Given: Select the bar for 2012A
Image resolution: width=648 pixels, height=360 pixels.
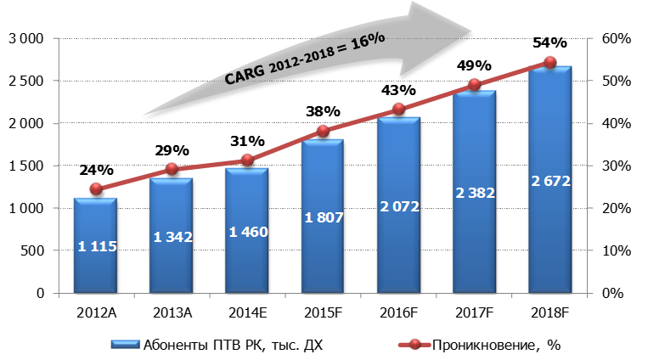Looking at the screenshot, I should tap(95, 246).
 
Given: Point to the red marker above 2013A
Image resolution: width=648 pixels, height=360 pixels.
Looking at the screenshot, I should tap(172, 169).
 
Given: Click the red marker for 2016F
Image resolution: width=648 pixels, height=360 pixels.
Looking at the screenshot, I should tap(398, 110).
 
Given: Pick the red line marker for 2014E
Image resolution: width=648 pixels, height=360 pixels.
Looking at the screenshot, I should tap(247, 160).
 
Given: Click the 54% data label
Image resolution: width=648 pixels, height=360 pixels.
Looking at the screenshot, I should tap(549, 42).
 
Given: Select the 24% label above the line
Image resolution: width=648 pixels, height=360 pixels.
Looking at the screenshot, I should tap(95, 169).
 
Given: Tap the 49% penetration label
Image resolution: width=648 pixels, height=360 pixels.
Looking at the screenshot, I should tap(474, 65).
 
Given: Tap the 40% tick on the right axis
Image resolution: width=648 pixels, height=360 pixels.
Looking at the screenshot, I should tap(613, 124).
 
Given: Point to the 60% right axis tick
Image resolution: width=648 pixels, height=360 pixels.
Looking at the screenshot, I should tap(613, 39).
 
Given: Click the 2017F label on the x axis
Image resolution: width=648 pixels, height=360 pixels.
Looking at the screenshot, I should tap(474, 312).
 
